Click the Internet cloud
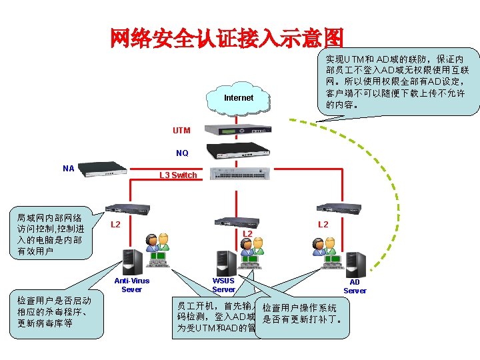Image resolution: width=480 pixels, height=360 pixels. pos(239,97)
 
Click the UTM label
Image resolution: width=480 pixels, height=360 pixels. pos(181,131)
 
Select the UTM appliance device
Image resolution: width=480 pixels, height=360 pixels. pos(238,130)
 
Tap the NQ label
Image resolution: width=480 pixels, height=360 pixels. pos(182,153)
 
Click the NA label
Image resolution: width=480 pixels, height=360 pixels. pos(68,169)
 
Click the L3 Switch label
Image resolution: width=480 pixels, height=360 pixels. pos(178,175)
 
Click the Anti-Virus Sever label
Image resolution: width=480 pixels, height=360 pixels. pos(132,285)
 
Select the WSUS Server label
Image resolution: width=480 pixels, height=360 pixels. pos(223,285)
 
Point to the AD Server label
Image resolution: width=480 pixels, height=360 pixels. pos(355,286)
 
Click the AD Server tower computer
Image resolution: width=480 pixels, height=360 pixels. pos(355,263)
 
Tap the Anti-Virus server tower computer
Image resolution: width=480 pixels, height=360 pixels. pos(132,261)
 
